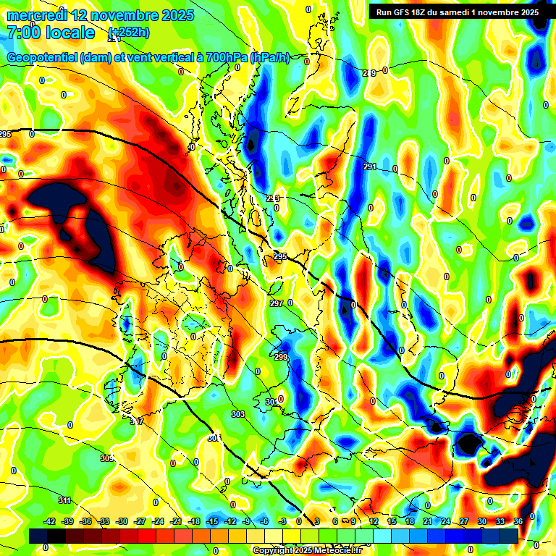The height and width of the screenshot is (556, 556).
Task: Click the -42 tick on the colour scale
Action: click(50, 521)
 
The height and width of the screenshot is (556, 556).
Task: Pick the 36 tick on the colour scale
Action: click(518, 521)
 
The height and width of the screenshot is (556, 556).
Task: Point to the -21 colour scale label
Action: click(176, 521)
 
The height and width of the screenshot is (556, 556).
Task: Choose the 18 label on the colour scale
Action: click(410, 521)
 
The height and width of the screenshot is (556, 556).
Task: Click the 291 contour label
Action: click(370, 167)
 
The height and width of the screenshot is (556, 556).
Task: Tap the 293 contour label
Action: click(272, 198)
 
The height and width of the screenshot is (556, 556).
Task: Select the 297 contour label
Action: click(276, 303)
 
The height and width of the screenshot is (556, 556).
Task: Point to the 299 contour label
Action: click(281, 357)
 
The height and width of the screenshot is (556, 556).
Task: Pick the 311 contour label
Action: click(64, 500)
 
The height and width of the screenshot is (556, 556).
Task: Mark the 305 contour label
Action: click(106, 458)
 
